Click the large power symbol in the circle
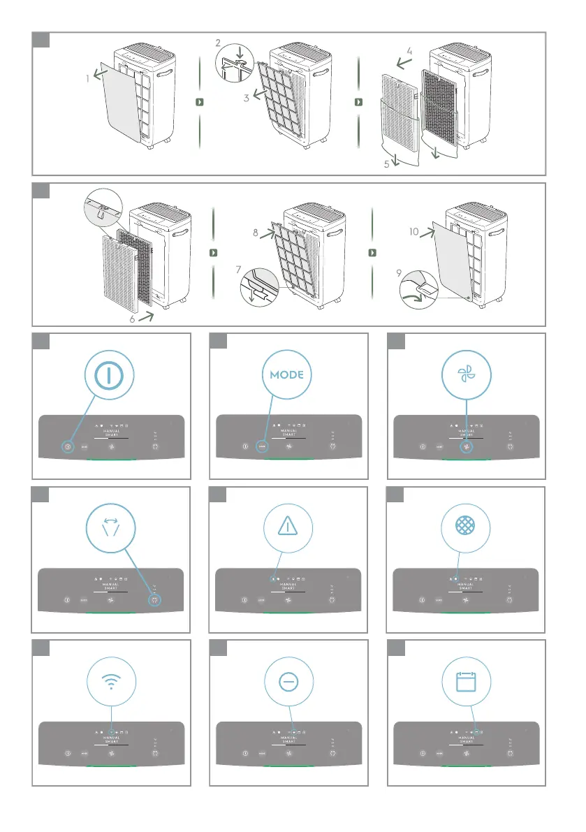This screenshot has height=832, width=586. [112, 374]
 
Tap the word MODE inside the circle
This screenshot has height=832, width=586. [286, 374]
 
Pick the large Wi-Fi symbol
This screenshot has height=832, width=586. [112, 681]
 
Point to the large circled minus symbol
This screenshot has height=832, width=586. [288, 681]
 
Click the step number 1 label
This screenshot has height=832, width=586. [88, 79]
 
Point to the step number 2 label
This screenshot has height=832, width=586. [218, 43]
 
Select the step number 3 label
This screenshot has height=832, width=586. [247, 98]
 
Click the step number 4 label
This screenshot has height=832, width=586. [410, 51]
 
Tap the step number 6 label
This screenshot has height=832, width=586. [132, 321]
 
